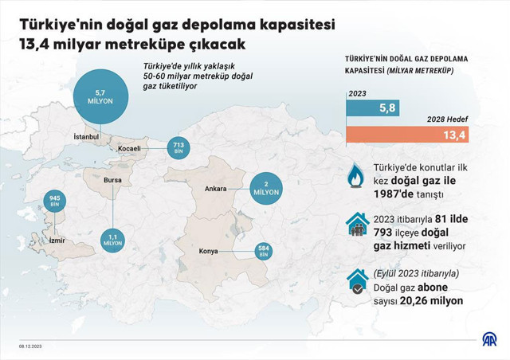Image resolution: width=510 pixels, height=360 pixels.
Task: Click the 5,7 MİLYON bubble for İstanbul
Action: click(100, 96)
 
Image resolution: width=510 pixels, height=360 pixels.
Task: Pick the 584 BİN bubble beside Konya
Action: click(264, 250)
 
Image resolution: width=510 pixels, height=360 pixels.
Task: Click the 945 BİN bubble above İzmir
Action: click(55, 202)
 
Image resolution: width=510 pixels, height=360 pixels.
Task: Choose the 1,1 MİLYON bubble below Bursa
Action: click(112, 238)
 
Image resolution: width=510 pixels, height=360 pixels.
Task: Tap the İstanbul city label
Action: click(85, 137)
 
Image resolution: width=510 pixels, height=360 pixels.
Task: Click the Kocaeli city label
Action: click(128, 149)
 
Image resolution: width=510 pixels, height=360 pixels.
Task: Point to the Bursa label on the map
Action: click(112, 179)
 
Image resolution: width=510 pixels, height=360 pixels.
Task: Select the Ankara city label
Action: click(216, 190)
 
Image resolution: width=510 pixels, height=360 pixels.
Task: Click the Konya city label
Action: click(208, 252)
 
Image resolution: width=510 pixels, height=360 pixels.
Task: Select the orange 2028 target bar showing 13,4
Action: click(407, 135)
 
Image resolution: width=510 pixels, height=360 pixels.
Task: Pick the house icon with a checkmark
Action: click(357, 280)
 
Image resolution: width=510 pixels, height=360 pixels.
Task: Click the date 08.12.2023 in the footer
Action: click(30, 346)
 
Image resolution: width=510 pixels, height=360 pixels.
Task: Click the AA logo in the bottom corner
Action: click(488, 340)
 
